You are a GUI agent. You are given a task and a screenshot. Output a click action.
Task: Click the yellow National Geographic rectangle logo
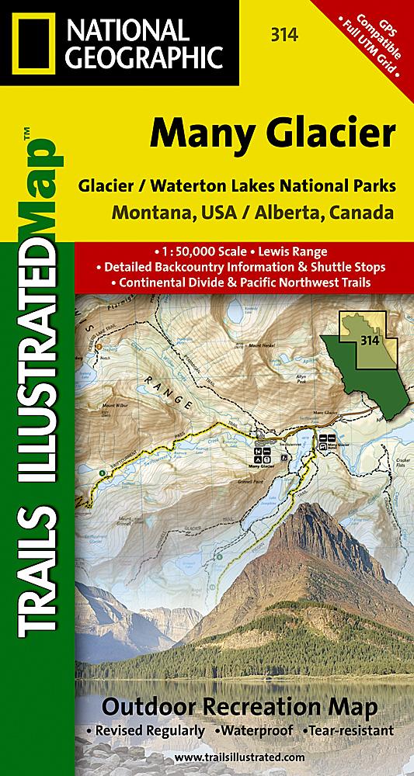coord(33,41)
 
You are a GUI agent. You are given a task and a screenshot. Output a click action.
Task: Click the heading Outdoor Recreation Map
coord(239,708)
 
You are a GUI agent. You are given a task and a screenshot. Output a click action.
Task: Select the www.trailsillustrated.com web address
coord(240,755)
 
